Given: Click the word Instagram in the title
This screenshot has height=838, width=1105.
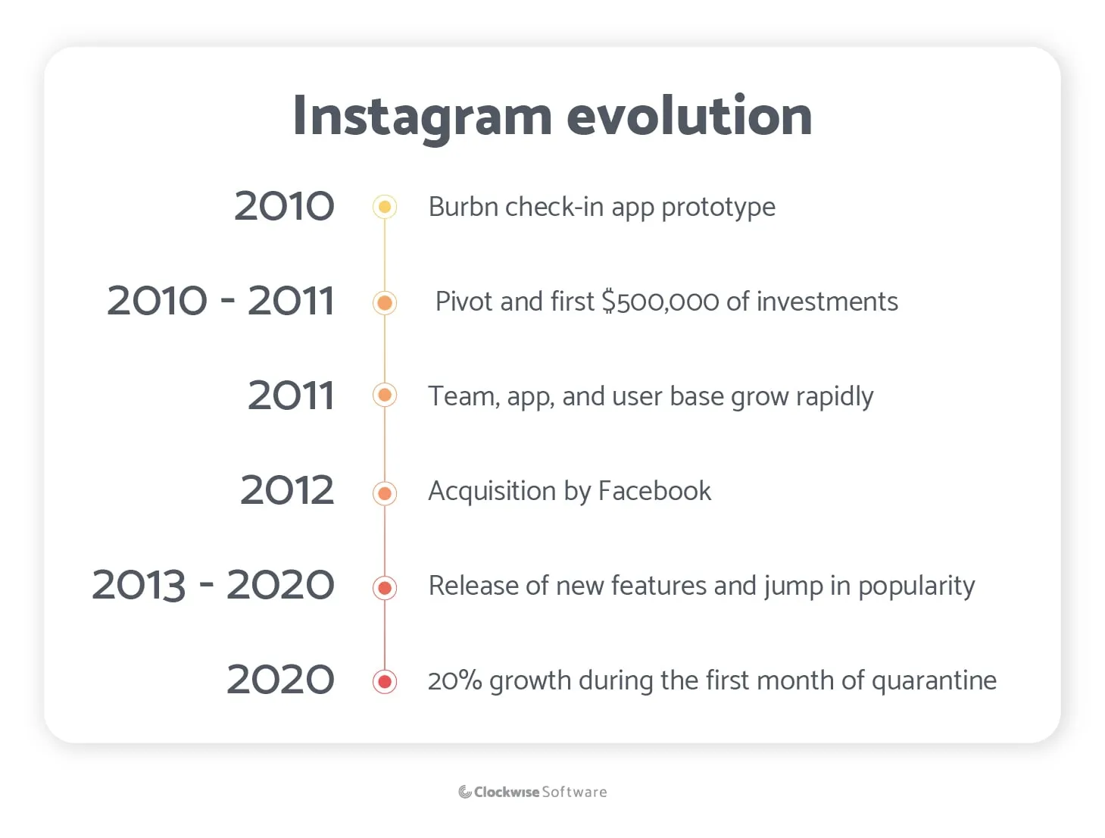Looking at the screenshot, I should point(422,117).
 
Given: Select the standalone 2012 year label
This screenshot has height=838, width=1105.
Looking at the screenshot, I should point(287,490).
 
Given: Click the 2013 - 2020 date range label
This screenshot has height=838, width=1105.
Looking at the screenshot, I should point(213,585).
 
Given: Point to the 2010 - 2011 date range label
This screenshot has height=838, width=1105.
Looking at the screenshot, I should point(220,301).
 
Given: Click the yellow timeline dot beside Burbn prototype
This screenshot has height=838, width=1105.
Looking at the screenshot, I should point(385,207).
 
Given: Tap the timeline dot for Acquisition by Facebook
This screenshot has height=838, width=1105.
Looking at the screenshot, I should point(385,494).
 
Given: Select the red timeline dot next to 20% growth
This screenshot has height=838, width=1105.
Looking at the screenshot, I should point(385,681).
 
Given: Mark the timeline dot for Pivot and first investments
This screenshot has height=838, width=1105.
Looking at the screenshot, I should point(385,303).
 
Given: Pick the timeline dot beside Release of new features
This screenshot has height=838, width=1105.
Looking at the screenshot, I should point(385,588).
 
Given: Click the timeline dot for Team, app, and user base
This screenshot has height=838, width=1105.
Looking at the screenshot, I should point(385,395).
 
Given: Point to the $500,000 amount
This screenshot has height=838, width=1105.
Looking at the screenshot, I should point(660,302).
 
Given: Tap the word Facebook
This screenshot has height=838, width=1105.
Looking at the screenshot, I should point(654,491).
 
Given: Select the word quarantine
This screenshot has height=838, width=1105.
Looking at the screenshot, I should point(934,681).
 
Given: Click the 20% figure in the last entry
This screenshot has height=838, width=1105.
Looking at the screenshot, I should point(454,680).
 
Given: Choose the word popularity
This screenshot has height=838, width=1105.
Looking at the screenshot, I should point(916,586).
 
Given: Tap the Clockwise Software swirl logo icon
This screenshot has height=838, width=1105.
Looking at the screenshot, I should point(465,792).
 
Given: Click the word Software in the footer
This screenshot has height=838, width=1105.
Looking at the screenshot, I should point(574,792).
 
